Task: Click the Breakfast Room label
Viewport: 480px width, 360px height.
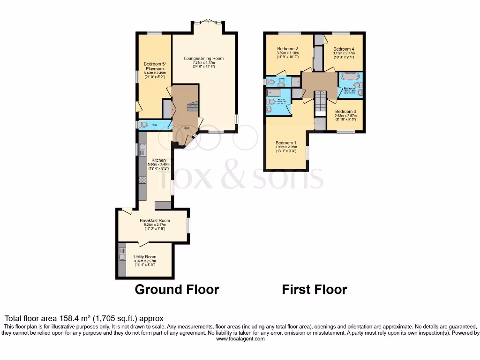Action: click(155, 220)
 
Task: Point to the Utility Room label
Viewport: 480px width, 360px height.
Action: click(145, 257)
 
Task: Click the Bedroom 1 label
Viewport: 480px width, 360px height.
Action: click(286, 143)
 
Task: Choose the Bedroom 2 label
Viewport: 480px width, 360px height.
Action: click(287, 49)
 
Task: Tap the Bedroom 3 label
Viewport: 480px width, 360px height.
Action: click(346, 112)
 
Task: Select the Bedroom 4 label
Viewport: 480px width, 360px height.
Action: click(344, 49)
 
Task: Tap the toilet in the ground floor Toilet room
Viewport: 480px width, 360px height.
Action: click(143, 125)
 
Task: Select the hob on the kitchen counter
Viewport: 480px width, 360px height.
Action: click(142, 180)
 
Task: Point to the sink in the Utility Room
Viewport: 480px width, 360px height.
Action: click(122, 256)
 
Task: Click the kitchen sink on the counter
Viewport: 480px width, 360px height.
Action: click(142, 150)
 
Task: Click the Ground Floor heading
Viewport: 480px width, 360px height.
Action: click(177, 289)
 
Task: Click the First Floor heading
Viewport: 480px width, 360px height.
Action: click(315, 289)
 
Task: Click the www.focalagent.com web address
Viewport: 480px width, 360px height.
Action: click(240, 339)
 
